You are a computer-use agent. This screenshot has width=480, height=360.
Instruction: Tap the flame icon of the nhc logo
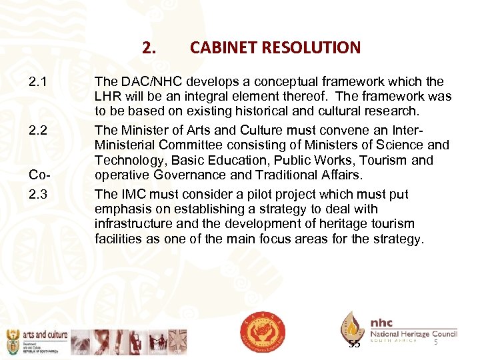(x=352, y=326)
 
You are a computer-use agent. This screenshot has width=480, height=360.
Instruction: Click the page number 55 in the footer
(x=354, y=344)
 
